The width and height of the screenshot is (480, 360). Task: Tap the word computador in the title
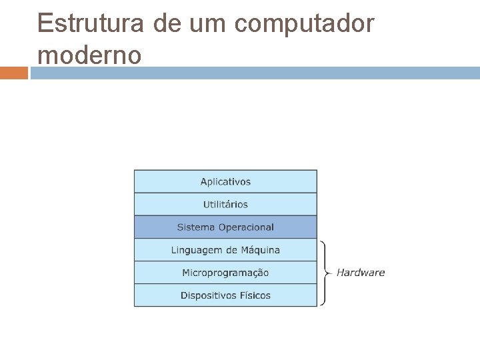306,24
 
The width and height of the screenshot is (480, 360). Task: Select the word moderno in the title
89,55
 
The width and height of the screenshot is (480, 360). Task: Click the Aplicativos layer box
225,181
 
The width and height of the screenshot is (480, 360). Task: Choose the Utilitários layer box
225,204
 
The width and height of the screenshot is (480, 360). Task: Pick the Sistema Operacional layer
225,227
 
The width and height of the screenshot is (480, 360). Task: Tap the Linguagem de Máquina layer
225,250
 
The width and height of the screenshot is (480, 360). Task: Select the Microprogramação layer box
225,273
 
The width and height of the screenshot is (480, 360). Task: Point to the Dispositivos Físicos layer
225,295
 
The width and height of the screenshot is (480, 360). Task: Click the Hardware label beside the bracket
361,272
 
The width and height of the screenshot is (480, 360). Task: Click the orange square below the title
14,72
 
